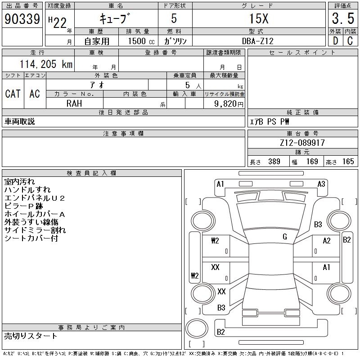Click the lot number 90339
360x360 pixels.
22,19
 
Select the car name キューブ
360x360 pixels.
115,19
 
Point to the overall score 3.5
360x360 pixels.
343,19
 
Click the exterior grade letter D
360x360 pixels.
335,40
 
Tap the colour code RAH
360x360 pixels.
74,103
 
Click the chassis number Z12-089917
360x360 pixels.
302,143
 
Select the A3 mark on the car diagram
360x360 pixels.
321,184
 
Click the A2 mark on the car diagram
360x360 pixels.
327,241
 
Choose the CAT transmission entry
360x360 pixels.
13,94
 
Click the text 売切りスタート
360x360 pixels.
31,336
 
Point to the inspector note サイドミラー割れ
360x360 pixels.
35,230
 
